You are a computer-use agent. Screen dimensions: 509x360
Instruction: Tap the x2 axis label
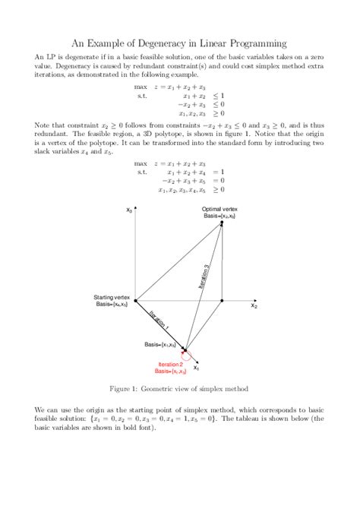point(254,307)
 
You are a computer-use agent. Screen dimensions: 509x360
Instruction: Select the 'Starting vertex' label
point(112,296)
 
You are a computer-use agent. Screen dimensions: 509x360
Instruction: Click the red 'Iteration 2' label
point(170,365)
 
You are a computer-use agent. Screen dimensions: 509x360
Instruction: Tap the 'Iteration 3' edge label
point(204,270)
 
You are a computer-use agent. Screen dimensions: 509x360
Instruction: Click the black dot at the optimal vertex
point(221,223)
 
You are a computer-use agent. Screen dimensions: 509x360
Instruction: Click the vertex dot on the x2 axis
point(221,301)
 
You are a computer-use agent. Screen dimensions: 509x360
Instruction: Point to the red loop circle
point(188,354)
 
